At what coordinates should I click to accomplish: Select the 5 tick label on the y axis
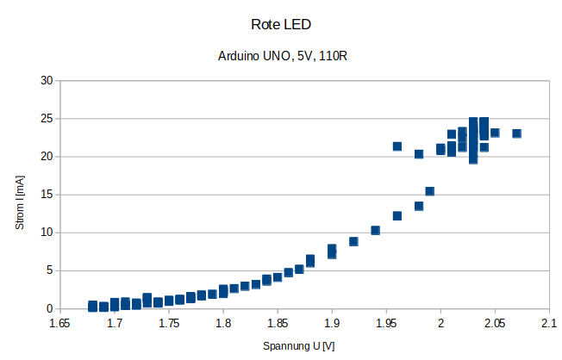click(49, 270)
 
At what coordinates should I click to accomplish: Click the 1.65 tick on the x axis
click(59, 324)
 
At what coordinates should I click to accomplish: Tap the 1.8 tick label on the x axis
click(223, 324)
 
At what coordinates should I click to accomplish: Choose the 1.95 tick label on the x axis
click(386, 324)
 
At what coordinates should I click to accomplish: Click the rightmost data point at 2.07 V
click(517, 133)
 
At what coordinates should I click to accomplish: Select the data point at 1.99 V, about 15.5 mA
click(430, 191)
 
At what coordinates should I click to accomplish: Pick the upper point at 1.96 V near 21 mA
click(397, 146)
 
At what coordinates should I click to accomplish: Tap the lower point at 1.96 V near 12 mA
click(397, 215)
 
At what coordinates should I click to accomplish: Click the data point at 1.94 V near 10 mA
click(376, 230)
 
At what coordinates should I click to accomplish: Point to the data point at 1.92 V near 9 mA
click(353, 241)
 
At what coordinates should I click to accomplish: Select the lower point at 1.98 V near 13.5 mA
click(419, 206)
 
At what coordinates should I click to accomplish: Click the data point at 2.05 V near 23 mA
click(495, 133)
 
